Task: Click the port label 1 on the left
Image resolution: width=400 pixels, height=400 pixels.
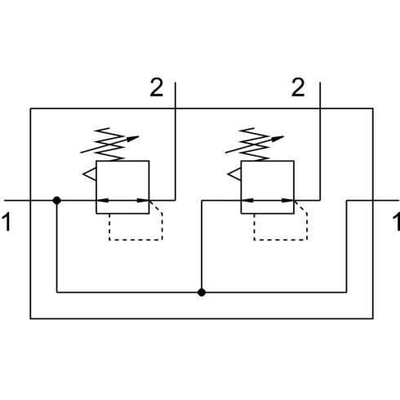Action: (7, 222)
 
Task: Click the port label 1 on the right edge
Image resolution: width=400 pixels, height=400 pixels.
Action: (397, 222)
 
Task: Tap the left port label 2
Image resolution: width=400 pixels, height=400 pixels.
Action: (157, 87)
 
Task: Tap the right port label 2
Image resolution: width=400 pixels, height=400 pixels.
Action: (298, 87)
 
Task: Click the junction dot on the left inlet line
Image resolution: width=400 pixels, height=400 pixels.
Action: (56, 201)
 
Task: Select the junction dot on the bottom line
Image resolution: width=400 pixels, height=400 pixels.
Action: (202, 292)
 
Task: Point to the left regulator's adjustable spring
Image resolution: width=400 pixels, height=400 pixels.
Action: (110, 144)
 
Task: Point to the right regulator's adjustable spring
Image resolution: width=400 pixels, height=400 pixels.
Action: (255, 144)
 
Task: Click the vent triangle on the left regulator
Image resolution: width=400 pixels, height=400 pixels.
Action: (90, 174)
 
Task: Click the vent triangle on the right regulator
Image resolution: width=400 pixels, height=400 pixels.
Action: (234, 174)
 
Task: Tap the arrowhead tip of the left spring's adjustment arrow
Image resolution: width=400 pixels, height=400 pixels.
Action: (139, 136)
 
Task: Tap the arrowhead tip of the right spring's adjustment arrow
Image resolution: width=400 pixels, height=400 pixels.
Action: (283, 136)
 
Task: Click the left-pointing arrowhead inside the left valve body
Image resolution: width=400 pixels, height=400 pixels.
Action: (102, 201)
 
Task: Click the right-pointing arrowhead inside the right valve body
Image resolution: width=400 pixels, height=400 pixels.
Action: (288, 201)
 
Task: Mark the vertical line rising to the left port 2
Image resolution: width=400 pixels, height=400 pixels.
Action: (176, 141)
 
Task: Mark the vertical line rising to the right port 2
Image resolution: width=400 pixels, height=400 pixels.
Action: (320, 141)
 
